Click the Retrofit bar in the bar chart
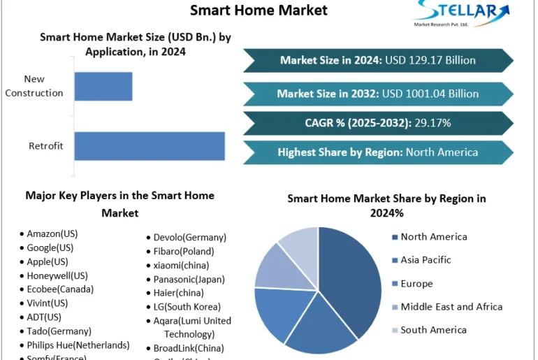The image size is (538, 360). [x=150, y=146]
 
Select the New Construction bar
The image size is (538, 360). [x=103, y=86]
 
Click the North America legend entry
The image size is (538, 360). [x=433, y=237]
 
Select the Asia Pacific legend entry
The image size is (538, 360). [x=426, y=260]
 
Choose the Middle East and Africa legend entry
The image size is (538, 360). [x=451, y=307]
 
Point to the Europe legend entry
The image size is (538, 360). [x=416, y=284]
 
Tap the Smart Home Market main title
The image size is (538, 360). [x=259, y=10]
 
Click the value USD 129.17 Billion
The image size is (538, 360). [x=430, y=60]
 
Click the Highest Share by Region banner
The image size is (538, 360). [x=377, y=152]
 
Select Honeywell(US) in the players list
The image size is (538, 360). [x=57, y=275]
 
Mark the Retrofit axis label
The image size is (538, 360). [x=46, y=146]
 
